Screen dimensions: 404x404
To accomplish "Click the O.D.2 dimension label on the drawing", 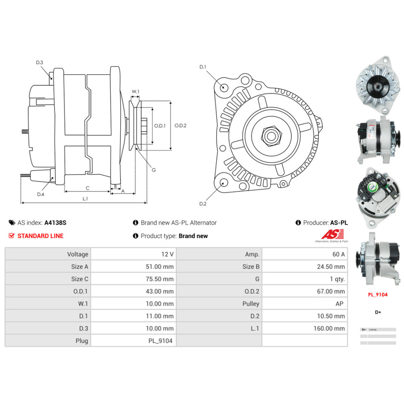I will click(x=180, y=126).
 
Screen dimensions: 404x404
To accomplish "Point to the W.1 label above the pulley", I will click(x=135, y=92).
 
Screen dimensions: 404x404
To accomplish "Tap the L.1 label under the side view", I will click(x=85, y=198).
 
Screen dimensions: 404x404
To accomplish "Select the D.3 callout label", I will click(x=40, y=62).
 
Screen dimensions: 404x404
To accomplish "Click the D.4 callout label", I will click(x=41, y=194).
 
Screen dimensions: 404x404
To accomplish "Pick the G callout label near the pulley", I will click(x=154, y=170).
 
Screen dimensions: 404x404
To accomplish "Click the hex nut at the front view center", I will click(x=271, y=136).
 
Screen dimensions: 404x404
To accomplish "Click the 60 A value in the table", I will click(x=338, y=254).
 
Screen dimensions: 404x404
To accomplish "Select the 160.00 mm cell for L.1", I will click(x=329, y=328).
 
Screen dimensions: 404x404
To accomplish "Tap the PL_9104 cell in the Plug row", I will click(x=160, y=341).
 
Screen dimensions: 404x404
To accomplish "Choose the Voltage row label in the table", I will click(x=78, y=254).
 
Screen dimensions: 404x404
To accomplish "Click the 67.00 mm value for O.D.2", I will click(x=331, y=291).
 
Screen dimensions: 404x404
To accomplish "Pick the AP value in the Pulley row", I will click(x=340, y=304).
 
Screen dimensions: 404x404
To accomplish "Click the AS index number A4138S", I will click(x=55, y=223).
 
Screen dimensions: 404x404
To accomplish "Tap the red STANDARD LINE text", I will click(x=40, y=236).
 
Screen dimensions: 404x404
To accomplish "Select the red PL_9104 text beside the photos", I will click(x=378, y=295).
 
